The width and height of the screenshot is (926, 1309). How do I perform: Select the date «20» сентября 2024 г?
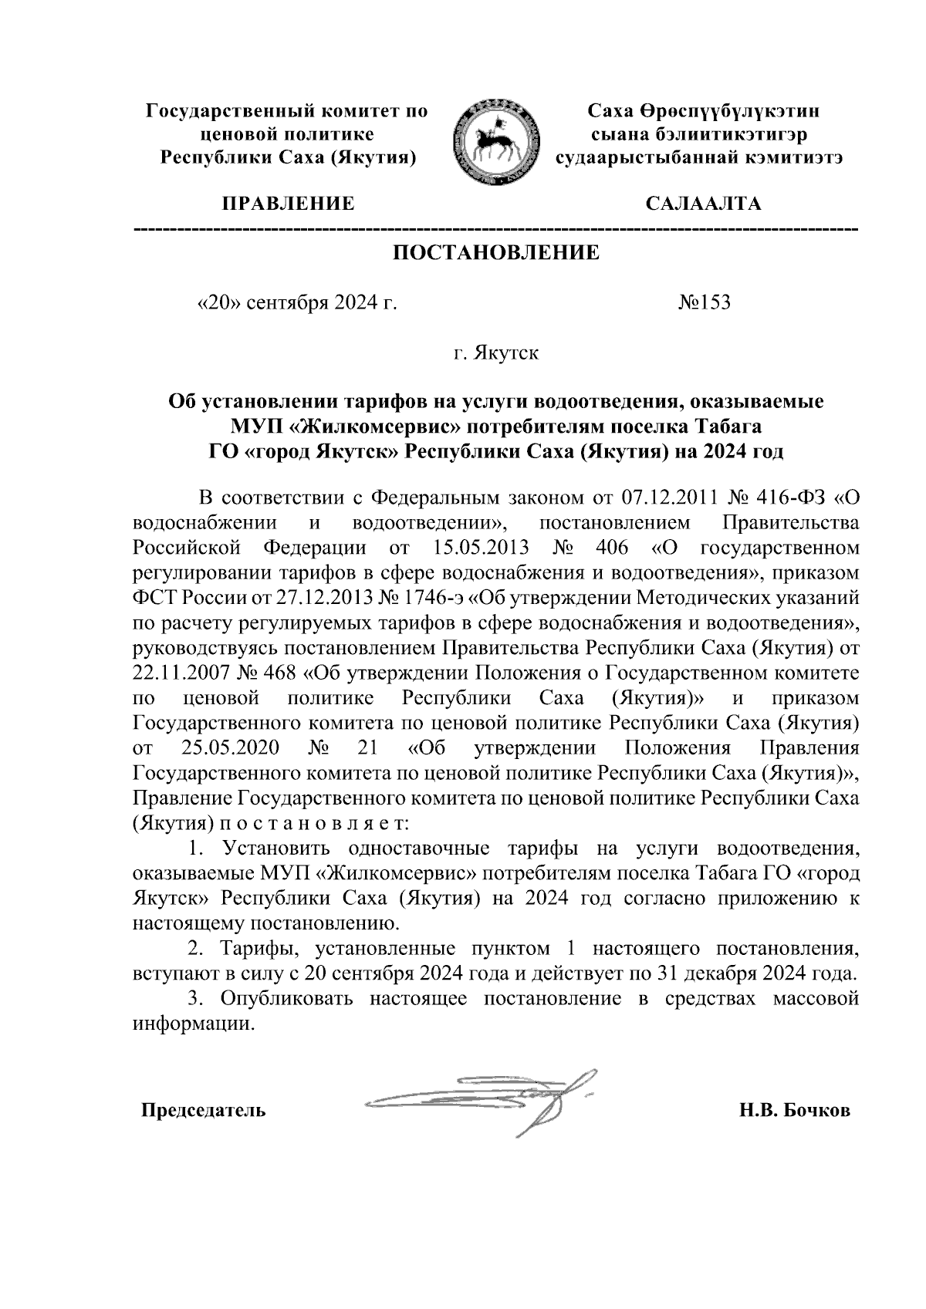[x=298, y=302]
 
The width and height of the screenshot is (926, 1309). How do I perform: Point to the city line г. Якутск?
[x=496, y=354]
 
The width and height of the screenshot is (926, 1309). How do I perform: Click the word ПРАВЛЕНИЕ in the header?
[x=289, y=204]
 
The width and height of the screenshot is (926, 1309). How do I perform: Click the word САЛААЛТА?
[x=703, y=204]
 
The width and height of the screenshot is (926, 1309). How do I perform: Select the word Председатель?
[x=203, y=1111]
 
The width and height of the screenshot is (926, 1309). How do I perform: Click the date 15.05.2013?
[x=475, y=548]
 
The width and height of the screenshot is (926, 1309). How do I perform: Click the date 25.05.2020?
[x=231, y=748]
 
